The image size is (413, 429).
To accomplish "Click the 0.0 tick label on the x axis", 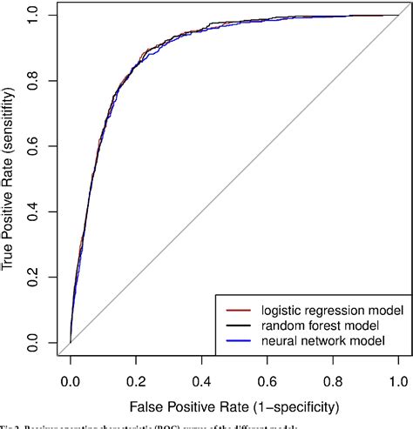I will [71, 380].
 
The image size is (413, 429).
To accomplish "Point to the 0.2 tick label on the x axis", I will [136, 380].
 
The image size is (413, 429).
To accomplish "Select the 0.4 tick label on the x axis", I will [201, 380].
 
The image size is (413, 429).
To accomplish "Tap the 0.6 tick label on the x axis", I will [267, 380].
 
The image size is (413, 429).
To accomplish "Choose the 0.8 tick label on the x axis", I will [333, 380].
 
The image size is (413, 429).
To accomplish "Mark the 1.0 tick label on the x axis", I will [398, 380].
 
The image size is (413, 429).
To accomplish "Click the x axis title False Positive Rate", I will [234, 407].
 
